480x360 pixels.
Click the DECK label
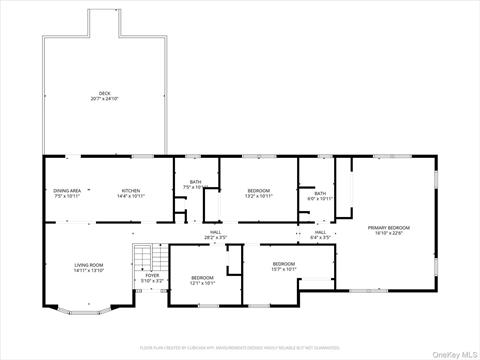[x=103, y=93]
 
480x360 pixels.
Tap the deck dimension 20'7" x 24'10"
[x=103, y=99]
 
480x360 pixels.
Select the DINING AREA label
[x=67, y=190]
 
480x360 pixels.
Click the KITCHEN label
[x=131, y=190]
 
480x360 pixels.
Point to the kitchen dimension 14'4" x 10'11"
[x=131, y=196]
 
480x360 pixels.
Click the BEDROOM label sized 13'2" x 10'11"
[x=259, y=190]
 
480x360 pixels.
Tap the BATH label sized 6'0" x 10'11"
[x=320, y=193]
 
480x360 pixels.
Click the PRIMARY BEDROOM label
[x=389, y=227]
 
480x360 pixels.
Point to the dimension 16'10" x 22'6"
[x=389, y=233]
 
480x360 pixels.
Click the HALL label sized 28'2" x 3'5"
[x=215, y=231]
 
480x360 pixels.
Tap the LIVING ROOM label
[x=89, y=265]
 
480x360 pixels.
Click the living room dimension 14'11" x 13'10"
[x=89, y=271]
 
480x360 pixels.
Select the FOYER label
[x=152, y=276]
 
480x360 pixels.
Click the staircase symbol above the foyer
[x=148, y=257]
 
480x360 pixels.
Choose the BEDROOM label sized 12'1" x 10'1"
[x=202, y=277]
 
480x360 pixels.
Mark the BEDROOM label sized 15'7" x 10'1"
[x=284, y=263]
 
